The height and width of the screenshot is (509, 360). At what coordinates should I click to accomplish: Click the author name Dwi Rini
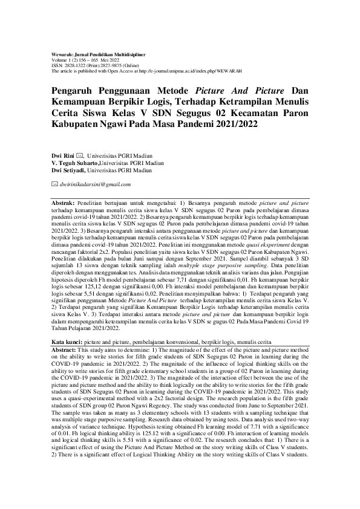point(62,157)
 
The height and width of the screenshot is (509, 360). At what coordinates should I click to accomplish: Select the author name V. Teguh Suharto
point(74,163)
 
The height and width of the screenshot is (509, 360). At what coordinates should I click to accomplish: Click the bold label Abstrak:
point(63,198)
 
